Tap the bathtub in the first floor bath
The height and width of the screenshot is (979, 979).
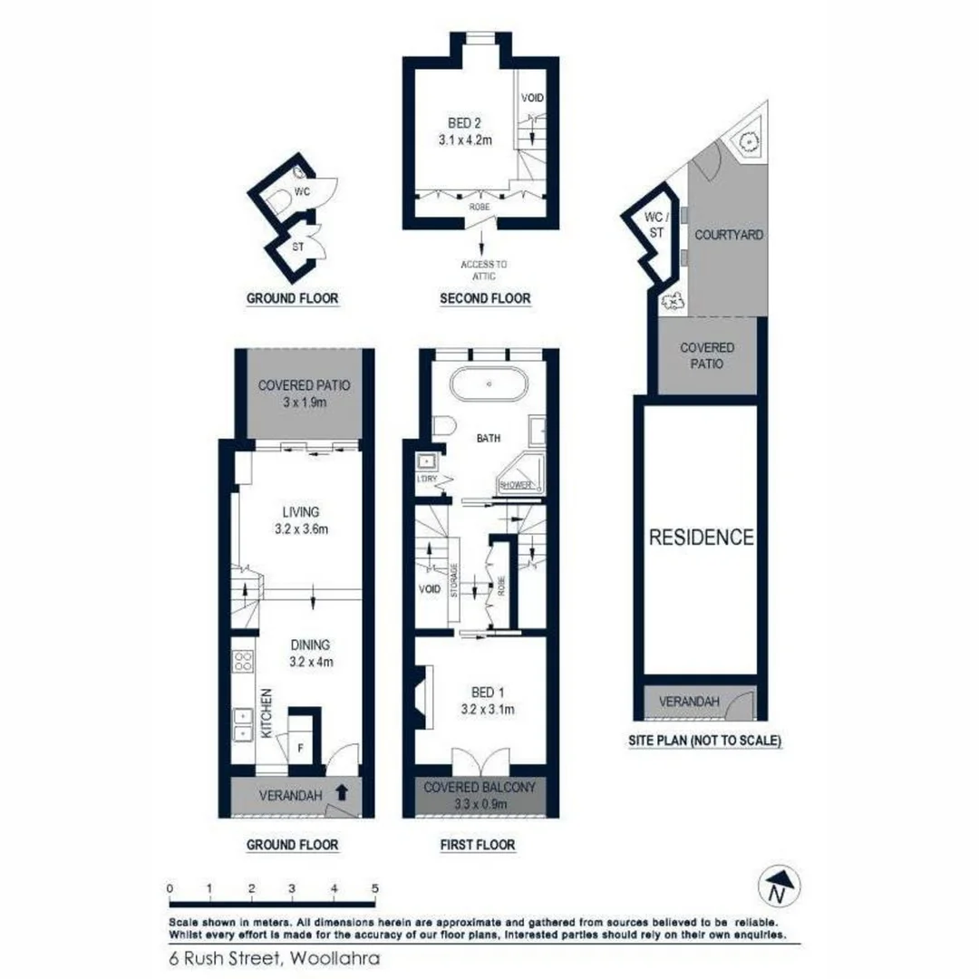coord(488,384)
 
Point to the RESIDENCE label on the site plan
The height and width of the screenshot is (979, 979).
coord(701,537)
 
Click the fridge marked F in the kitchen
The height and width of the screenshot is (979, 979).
coord(301,748)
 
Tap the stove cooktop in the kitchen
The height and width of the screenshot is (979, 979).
coord(243,662)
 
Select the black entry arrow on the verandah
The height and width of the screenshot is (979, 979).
coord(341,792)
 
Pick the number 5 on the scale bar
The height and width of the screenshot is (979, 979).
coord(373,888)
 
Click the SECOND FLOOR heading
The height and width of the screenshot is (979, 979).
coord(484,298)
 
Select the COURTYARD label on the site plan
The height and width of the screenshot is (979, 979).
coord(728,235)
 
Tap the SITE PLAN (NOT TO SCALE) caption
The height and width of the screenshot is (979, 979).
coord(703,741)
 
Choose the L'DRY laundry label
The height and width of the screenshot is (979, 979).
coord(426,479)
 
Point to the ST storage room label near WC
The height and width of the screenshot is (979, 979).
coord(296,247)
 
